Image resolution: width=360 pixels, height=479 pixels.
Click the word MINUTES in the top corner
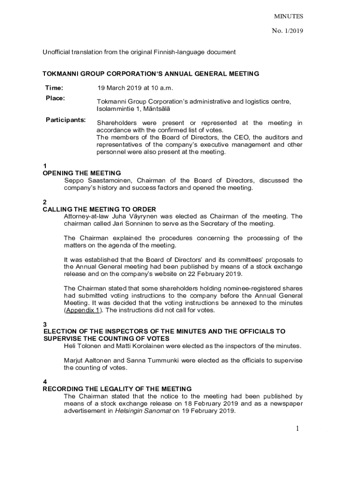pos(288,16)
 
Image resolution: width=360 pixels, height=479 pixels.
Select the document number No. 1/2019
pos(288,31)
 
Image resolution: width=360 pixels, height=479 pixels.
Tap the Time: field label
pos(54,88)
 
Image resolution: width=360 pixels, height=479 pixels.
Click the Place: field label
pos(55,98)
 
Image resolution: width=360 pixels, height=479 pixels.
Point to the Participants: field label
pos(66,120)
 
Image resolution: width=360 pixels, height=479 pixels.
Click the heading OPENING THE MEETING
pos(82,173)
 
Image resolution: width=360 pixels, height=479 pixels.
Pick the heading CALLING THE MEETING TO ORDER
pos(99,209)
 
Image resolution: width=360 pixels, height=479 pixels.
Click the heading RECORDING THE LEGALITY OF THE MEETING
pos(117,389)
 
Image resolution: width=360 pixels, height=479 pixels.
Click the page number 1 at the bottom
pos(297,429)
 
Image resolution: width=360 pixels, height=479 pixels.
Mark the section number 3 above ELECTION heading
pos(45,324)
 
